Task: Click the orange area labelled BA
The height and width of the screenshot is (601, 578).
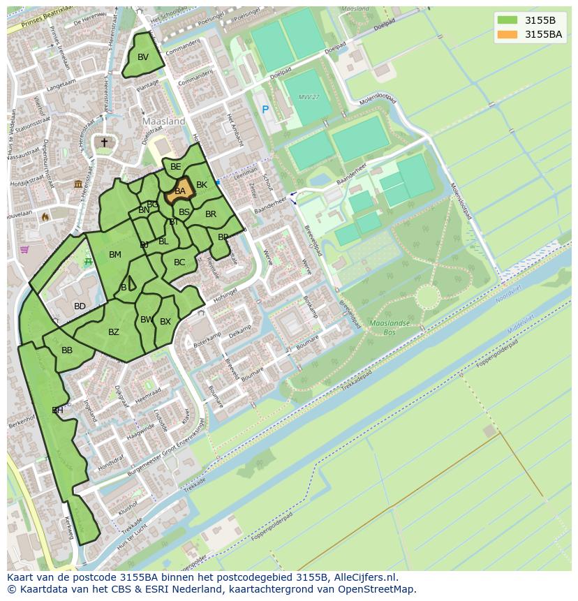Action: [x=179, y=191]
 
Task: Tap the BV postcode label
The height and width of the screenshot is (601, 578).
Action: [x=143, y=57]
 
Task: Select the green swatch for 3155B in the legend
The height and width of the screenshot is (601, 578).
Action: [x=507, y=20]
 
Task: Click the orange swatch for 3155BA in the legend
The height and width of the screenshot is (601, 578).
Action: [x=507, y=34]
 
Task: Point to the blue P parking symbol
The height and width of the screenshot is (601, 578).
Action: [x=265, y=110]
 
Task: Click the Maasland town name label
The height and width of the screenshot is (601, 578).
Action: [x=163, y=121]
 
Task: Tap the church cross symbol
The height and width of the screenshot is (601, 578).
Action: [x=104, y=142]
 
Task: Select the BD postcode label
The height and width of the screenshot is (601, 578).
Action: [x=80, y=306]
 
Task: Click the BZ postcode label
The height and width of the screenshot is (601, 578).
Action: [x=114, y=332]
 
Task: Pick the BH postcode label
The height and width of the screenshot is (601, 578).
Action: [x=57, y=410]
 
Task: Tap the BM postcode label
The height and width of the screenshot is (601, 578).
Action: [x=115, y=255]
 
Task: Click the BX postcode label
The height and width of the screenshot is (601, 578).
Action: [x=165, y=322]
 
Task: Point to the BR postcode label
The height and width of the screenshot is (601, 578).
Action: [x=211, y=214]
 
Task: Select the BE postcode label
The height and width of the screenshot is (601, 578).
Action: [x=176, y=167]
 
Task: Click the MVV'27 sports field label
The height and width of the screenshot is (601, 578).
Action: [x=307, y=97]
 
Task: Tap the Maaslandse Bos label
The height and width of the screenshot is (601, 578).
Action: [x=389, y=328]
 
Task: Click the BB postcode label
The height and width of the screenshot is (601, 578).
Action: [x=67, y=350]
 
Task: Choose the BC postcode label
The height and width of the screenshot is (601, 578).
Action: [x=179, y=262]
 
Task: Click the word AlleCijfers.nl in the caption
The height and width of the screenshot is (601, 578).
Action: [x=366, y=577]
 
